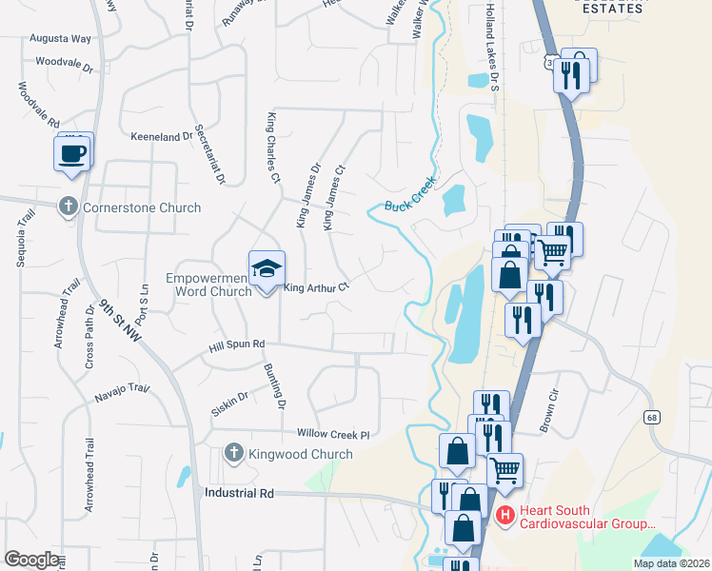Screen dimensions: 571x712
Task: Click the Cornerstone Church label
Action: (142, 207)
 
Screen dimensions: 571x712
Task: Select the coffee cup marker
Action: (73, 153)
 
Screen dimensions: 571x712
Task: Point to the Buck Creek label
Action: (410, 193)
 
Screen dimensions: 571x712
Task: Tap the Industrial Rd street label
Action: (239, 494)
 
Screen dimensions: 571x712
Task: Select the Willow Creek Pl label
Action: (331, 433)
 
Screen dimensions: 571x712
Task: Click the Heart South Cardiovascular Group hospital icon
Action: (505, 517)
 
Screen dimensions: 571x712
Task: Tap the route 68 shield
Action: (652, 417)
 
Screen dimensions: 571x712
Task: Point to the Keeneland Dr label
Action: (162, 137)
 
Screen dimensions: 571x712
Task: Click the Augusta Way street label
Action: (62, 39)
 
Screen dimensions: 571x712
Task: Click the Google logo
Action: (31, 559)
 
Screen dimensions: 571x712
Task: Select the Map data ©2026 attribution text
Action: (671, 563)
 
